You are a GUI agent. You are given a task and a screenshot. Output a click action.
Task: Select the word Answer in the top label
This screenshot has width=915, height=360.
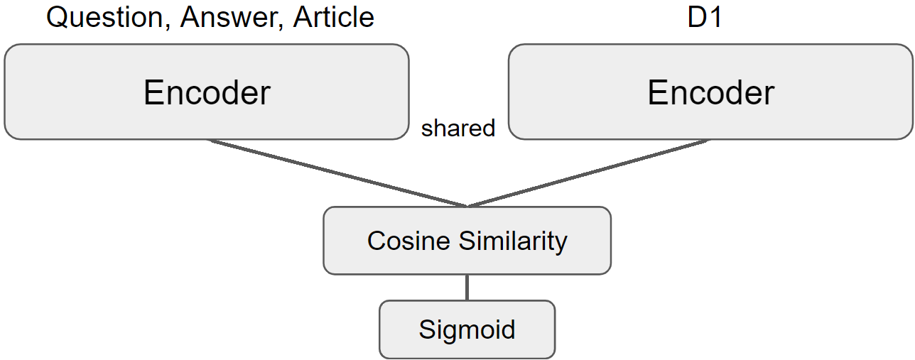pos(224,17)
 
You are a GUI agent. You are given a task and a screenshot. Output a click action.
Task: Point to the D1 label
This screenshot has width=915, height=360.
pos(705,17)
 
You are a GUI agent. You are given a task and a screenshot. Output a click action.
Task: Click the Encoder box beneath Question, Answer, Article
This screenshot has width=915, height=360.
pos(207,92)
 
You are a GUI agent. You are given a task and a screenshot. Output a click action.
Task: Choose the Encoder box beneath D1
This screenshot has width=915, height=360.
pos(710,92)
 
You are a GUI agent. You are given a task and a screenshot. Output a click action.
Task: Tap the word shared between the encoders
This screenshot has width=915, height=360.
pos(458,129)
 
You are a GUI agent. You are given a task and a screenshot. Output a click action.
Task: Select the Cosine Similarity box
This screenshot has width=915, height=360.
pos(467,241)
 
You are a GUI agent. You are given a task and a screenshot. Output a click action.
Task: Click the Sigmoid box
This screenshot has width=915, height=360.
pos(467,329)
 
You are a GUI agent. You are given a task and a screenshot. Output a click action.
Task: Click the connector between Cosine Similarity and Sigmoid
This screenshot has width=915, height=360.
pos(467,288)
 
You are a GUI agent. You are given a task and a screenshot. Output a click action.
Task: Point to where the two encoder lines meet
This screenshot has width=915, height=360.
pos(467,206)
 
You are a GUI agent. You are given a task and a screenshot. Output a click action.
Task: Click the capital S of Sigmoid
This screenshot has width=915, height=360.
pos(426,329)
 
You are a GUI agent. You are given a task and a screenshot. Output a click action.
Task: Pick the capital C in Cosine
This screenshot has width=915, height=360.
pos(377,241)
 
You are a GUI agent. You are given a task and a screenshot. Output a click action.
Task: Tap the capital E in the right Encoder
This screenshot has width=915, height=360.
pos(656,92)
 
